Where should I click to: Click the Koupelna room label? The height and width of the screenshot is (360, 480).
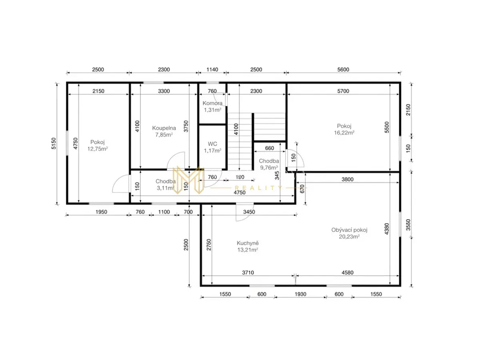pyautogui.click(x=164, y=128)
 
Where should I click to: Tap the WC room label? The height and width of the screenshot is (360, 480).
pyautogui.click(x=212, y=144)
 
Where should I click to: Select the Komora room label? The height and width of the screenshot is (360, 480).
pyautogui.click(x=212, y=103)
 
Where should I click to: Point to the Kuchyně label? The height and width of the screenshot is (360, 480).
pyautogui.click(x=248, y=243)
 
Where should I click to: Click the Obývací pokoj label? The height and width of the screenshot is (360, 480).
pyautogui.click(x=349, y=230)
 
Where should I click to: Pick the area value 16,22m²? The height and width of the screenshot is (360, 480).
pyautogui.click(x=344, y=133)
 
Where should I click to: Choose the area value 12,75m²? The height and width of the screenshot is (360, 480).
pyautogui.click(x=98, y=149)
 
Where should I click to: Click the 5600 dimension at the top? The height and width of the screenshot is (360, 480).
pyautogui.click(x=343, y=70)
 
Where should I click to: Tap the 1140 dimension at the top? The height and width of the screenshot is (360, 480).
pyautogui.click(x=212, y=70)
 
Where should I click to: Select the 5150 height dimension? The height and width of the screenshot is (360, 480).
pyautogui.click(x=54, y=143)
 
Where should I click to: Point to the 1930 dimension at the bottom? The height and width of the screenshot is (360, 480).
pyautogui.click(x=300, y=294)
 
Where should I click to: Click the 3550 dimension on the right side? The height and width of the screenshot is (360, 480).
pyautogui.click(x=408, y=225)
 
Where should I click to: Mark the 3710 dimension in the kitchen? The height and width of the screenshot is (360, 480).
pyautogui.click(x=248, y=272)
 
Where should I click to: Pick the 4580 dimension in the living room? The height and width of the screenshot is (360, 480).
pyautogui.click(x=347, y=272)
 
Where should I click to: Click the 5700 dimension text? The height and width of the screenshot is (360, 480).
pyautogui.click(x=343, y=91)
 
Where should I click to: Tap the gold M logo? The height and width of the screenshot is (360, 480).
pyautogui.click(x=188, y=180)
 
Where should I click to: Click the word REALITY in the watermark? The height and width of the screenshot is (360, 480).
pyautogui.click(x=258, y=188)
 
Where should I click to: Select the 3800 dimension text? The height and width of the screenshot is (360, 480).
pyautogui.click(x=348, y=179)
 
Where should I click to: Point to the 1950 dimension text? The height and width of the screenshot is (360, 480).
pyautogui.click(x=101, y=212)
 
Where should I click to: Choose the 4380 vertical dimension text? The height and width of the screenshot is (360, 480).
pyautogui.click(x=387, y=229)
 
